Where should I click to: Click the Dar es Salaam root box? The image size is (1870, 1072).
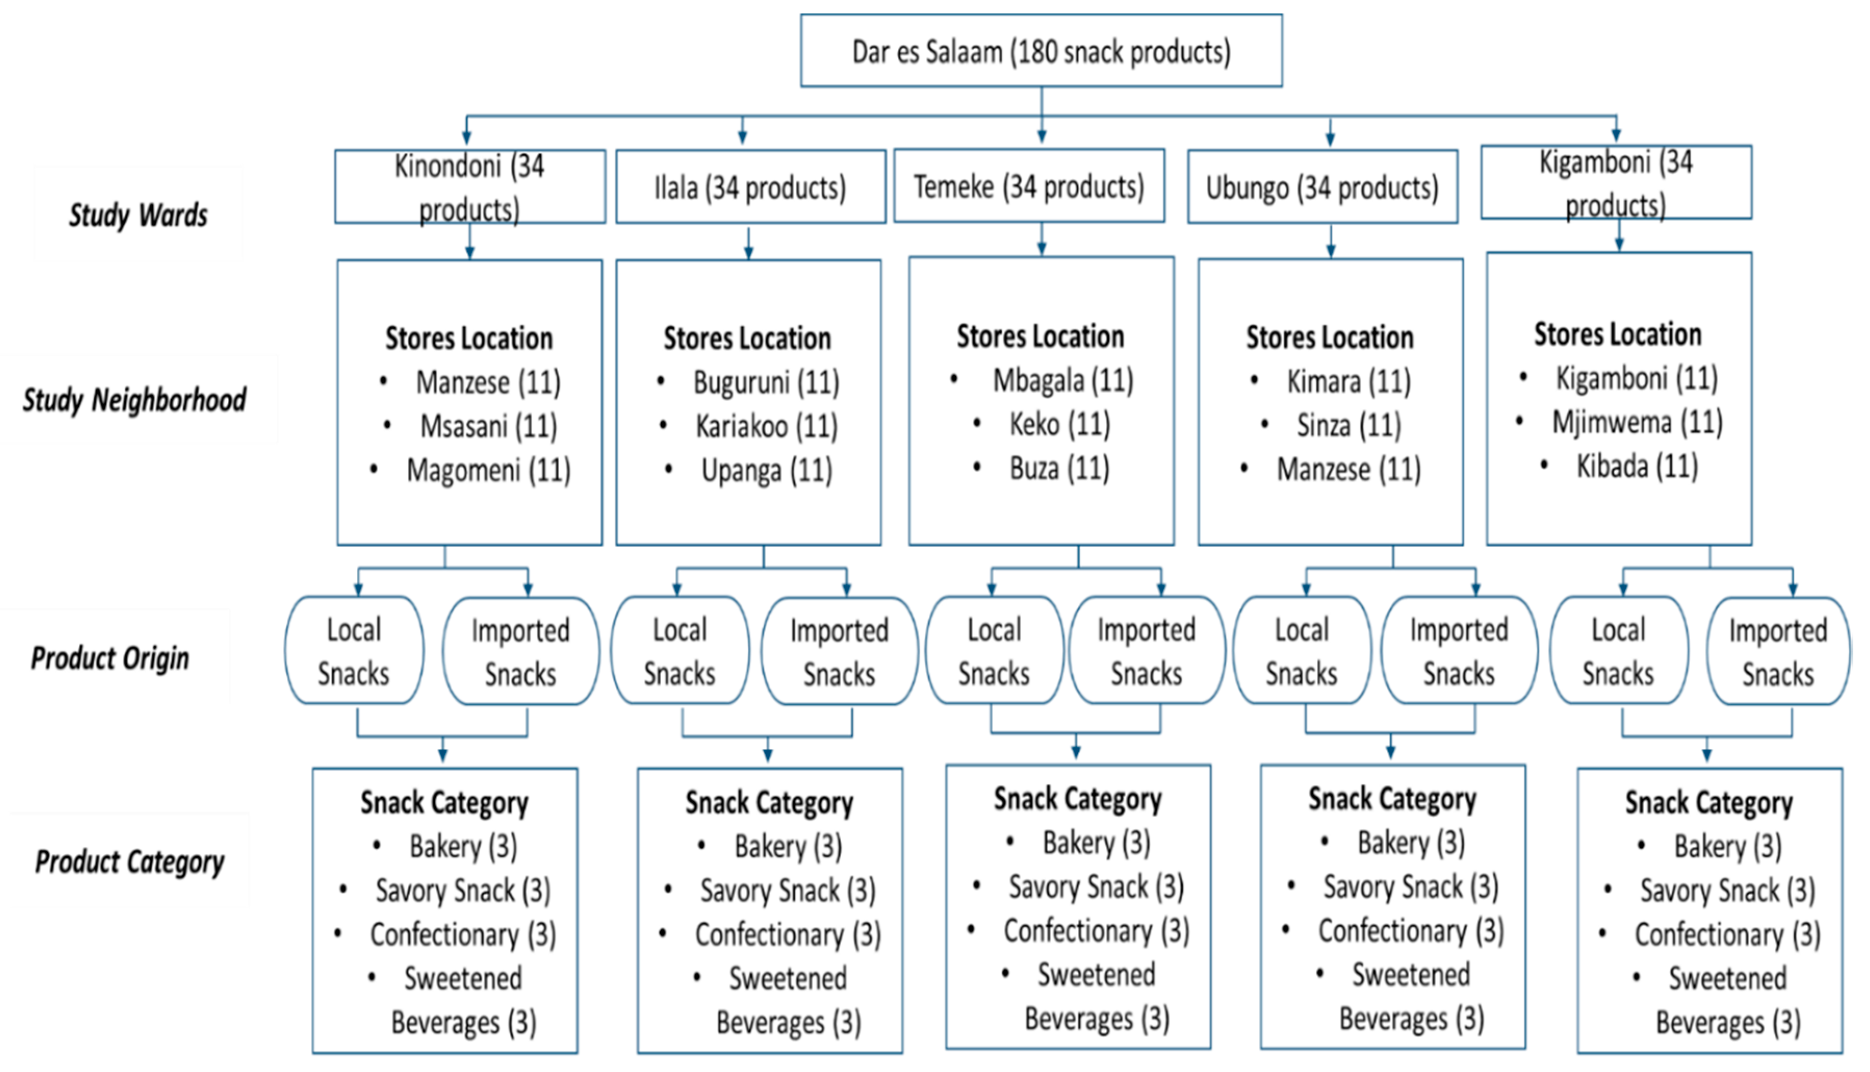[x=1041, y=51]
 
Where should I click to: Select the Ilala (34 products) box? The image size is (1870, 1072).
[x=750, y=187]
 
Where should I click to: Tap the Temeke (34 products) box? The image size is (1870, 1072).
[x=1028, y=186]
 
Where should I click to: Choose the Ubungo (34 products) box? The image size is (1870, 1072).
[x=1322, y=187]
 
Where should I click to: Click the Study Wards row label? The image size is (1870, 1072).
[x=138, y=215]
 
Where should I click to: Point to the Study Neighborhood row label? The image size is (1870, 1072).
[x=134, y=400]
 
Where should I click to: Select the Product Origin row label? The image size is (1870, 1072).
[x=110, y=657]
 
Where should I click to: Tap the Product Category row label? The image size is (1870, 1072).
[x=130, y=861]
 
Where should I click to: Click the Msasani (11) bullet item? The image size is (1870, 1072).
[x=488, y=425]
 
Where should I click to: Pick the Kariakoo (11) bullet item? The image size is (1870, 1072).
[x=766, y=425]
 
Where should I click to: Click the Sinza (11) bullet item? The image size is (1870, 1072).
[x=1349, y=425]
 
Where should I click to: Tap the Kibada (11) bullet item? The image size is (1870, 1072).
[x=1636, y=466]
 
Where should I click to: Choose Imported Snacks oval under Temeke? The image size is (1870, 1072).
[x=1146, y=651]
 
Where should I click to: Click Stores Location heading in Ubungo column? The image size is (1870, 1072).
[x=1330, y=337]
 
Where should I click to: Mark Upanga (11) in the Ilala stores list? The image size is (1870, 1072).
[x=766, y=470]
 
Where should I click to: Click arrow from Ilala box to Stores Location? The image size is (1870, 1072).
[x=749, y=243]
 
